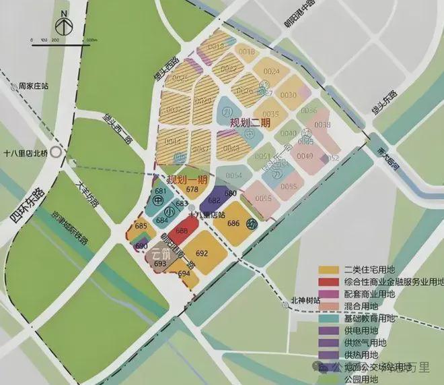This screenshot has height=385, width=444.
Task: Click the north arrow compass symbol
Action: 63,23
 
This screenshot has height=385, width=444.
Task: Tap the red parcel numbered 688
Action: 182,231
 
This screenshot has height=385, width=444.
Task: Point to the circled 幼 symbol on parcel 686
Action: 252,224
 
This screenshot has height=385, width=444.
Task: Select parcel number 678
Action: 192,190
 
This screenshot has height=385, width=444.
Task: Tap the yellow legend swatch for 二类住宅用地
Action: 330,271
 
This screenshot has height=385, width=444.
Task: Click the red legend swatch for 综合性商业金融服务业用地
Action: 330,283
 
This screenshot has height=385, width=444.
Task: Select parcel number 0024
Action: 272,71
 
